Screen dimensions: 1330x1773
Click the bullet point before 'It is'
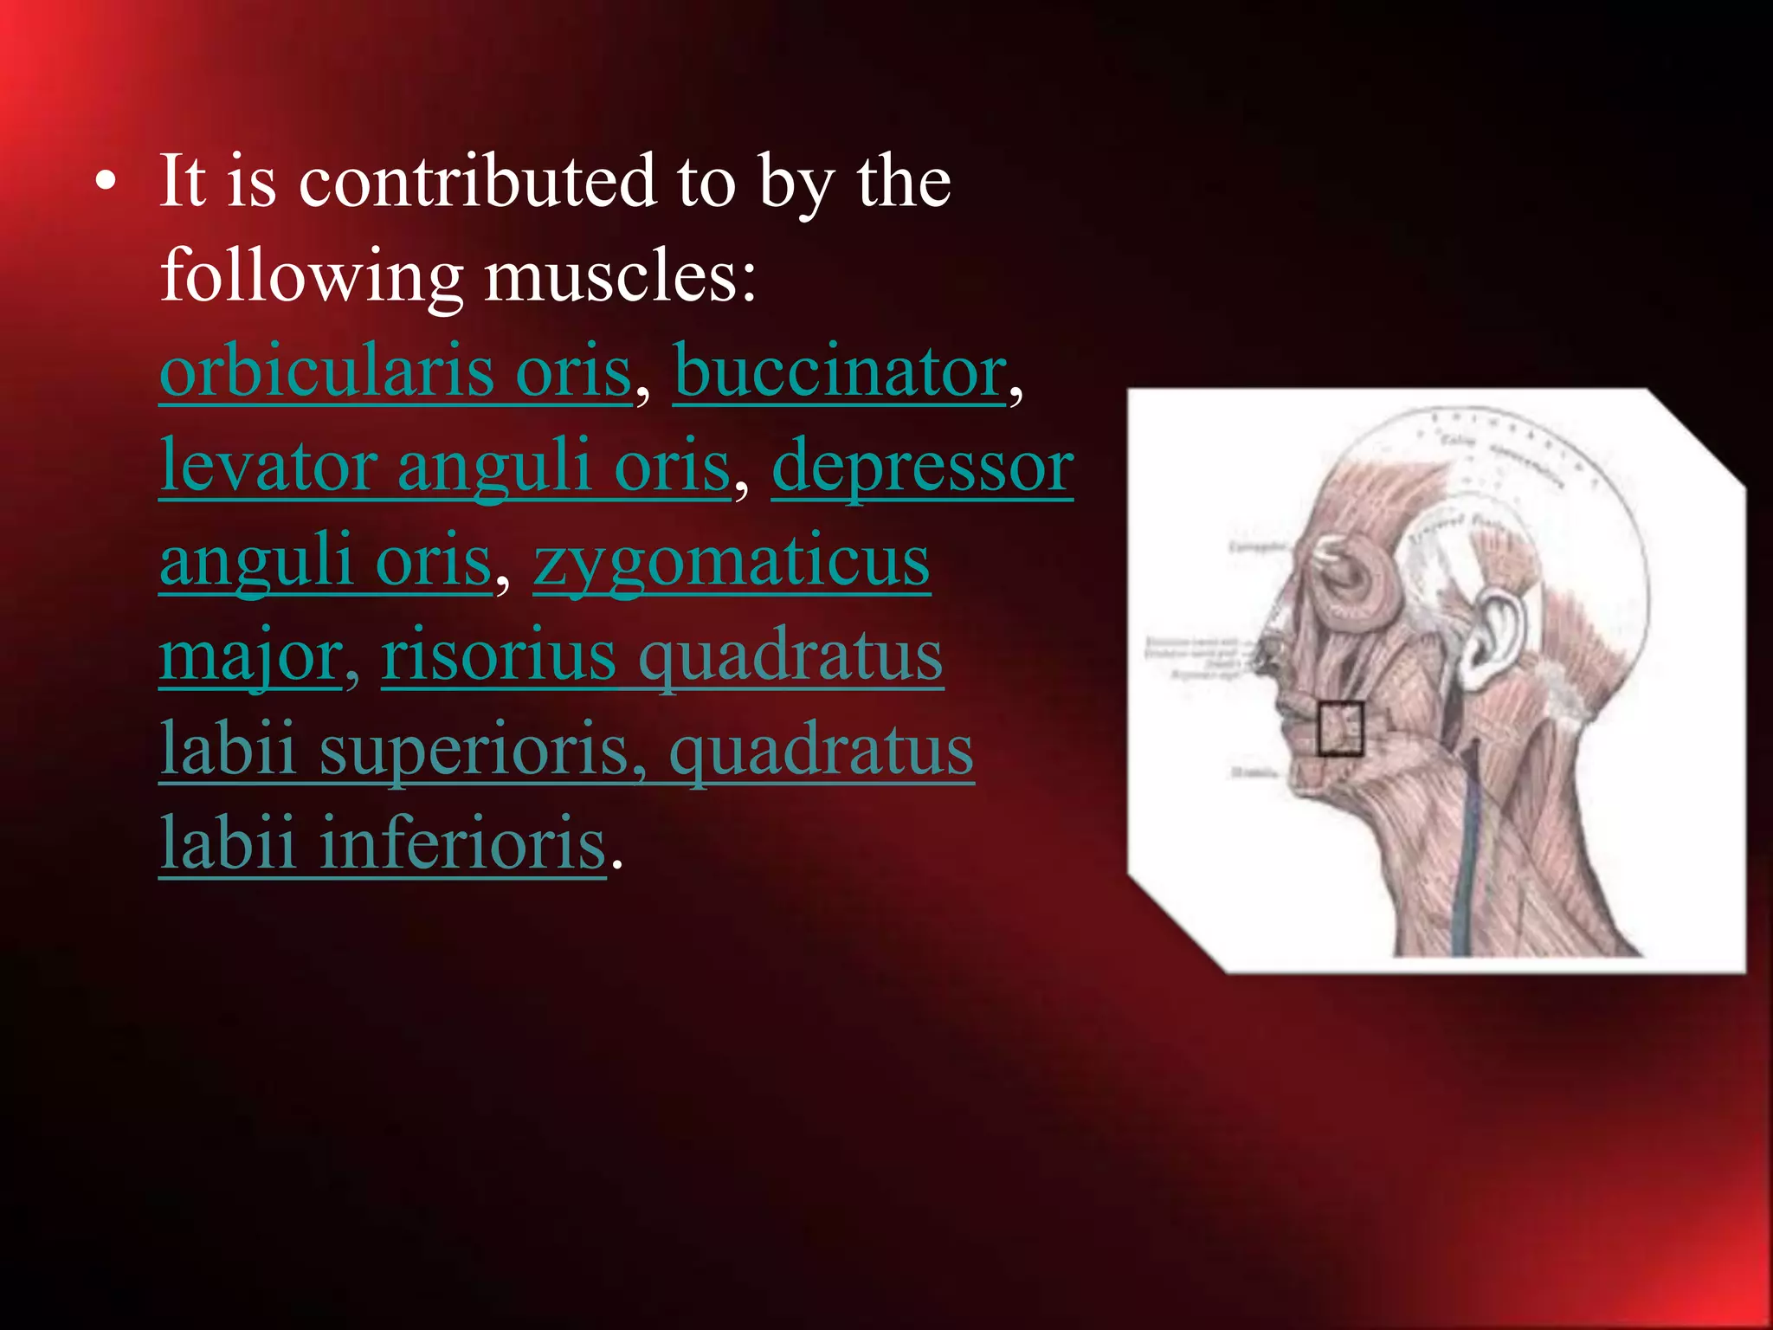coord(106,184)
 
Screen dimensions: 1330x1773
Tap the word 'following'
coord(312,277)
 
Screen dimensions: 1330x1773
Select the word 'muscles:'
coord(620,277)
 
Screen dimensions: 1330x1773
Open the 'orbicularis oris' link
coord(396,371)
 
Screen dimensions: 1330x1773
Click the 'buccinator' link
coord(840,371)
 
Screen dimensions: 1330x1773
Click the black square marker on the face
coord(1340,728)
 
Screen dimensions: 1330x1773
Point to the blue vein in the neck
coord(1467,857)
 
